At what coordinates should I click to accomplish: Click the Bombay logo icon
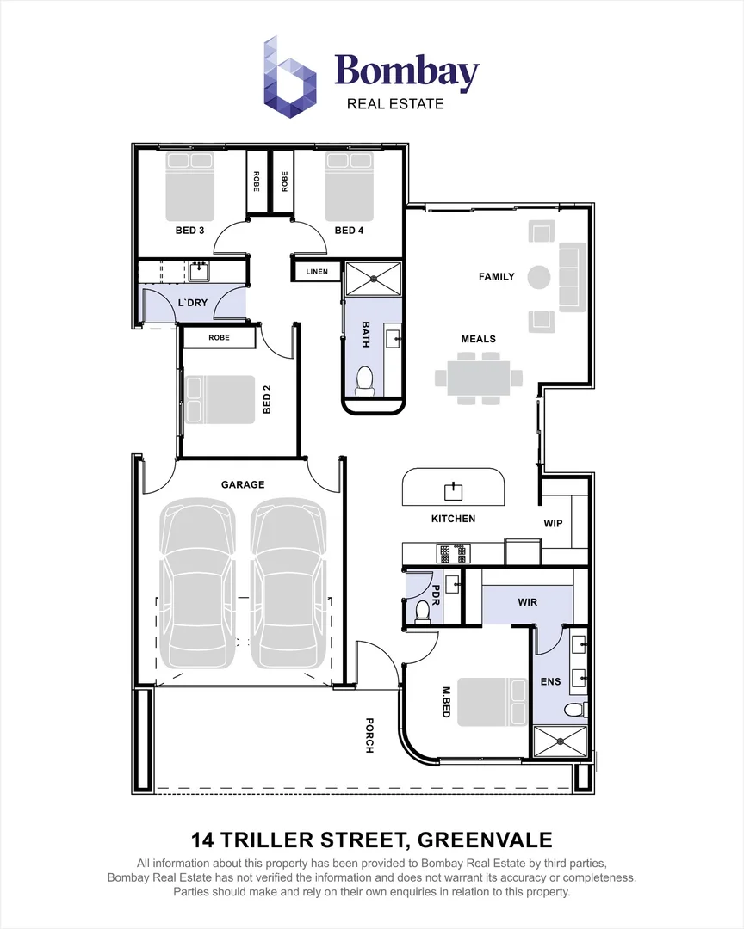289,77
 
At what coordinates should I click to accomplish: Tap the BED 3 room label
189,230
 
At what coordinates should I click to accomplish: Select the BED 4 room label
349,230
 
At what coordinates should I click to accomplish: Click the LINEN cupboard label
317,271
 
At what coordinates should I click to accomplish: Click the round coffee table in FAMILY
539,277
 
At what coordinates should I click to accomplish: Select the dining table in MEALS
479,378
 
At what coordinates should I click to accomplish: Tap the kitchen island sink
453,491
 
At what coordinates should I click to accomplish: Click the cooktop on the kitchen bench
454,553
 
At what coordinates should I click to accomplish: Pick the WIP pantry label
553,523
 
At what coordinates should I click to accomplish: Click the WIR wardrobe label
528,602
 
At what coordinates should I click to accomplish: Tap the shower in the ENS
560,741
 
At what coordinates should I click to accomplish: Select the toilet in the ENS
575,709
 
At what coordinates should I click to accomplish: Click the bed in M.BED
492,702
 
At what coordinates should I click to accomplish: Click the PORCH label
369,735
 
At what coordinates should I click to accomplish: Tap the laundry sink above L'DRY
199,272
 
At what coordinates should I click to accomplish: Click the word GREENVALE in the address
485,840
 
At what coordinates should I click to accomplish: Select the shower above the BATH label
373,279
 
